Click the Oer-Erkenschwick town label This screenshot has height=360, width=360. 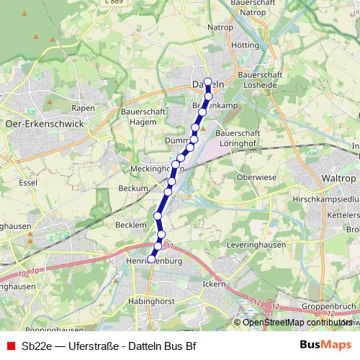pyautogui.click(x=45, y=124)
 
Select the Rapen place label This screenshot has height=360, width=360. pyautogui.click(x=84, y=108)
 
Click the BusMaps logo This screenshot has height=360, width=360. pyautogui.click(x=325, y=345)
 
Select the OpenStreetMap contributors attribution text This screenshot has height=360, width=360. pyautogui.click(x=297, y=322)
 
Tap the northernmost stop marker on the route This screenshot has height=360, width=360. pyautogui.click(x=208, y=81)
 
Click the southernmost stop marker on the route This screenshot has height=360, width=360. pyautogui.click(x=151, y=259)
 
